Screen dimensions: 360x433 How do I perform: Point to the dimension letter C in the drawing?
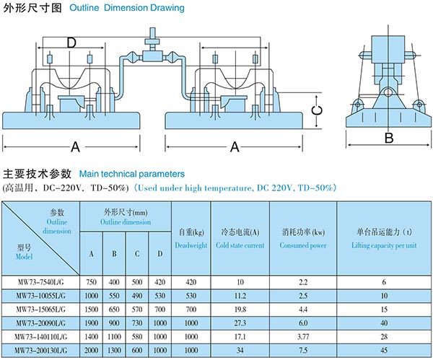click(x=315, y=109)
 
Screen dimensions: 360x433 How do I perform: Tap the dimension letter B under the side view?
click(x=388, y=138)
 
